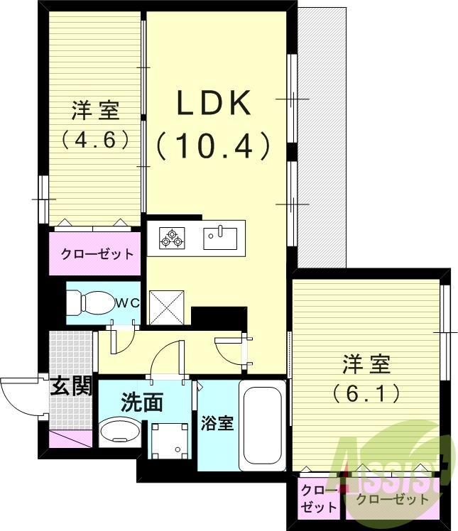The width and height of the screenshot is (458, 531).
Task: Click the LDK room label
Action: (x=214, y=105)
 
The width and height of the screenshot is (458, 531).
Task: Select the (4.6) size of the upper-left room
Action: (x=94, y=138)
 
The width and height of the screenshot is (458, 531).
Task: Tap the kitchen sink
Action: (x=223, y=236)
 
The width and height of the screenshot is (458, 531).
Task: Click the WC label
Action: (x=128, y=303)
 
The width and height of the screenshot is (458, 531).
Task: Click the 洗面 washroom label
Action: (x=142, y=403)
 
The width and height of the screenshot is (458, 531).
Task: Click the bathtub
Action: (x=263, y=426)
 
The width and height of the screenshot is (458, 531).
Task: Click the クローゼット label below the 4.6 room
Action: (x=96, y=254)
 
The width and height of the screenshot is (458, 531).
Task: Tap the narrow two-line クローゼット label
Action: (x=316, y=499)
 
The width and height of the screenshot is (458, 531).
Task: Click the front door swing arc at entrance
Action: (x=21, y=398)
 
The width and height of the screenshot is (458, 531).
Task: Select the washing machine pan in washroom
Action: (x=170, y=439)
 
